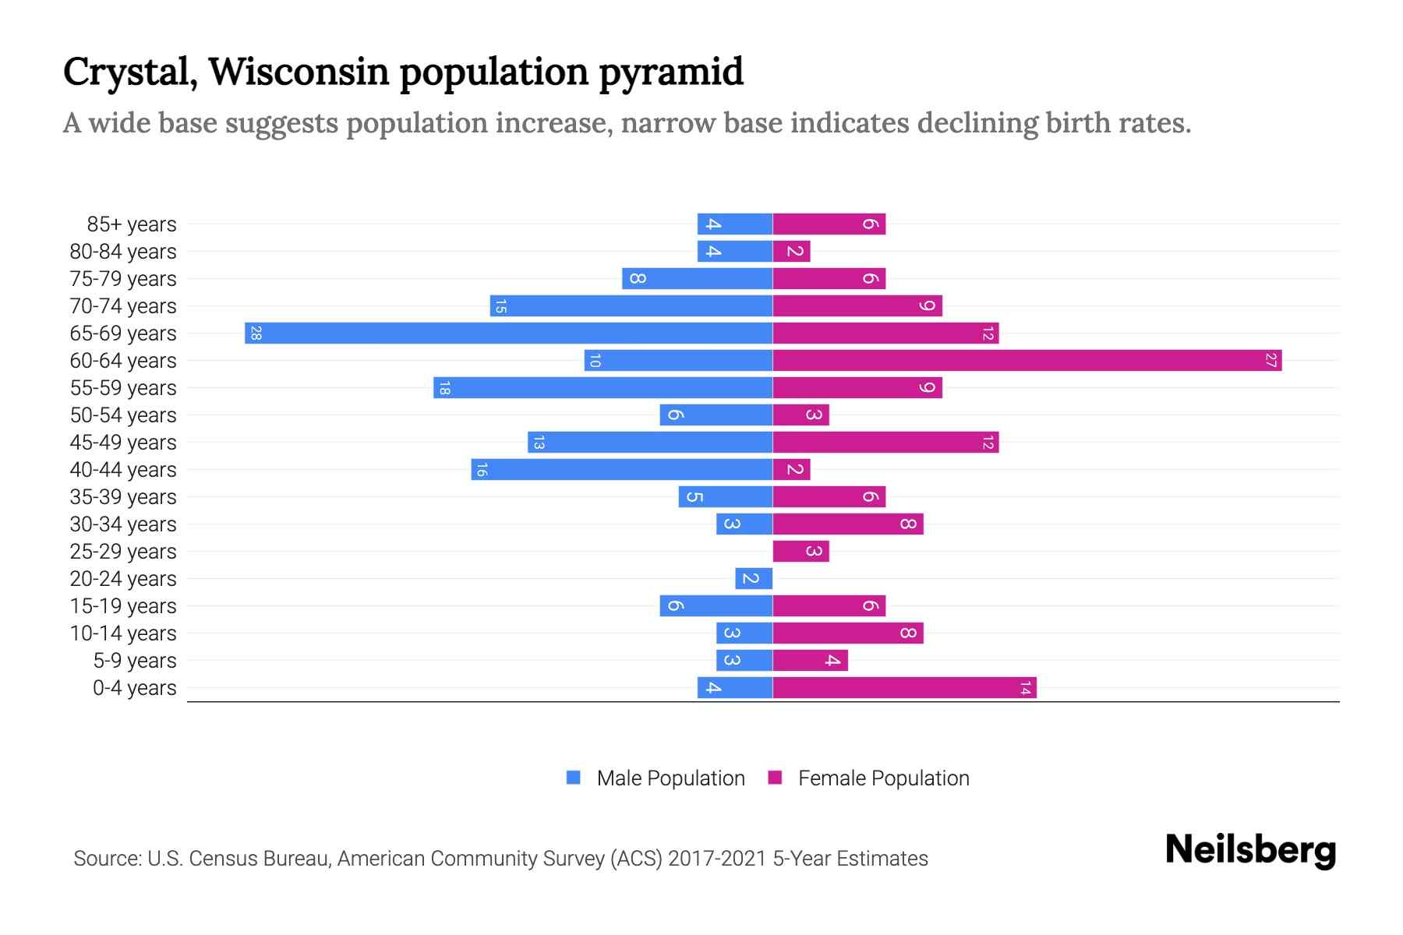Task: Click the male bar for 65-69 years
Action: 508,333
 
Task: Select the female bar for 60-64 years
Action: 1027,360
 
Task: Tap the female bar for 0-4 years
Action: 904,687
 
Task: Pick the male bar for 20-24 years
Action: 754,578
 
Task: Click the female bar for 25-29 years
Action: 800,551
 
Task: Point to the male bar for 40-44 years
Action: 621,469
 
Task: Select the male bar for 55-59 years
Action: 603,387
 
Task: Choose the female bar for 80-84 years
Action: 791,251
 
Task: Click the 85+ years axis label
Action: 132,224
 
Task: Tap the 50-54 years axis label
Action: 123,415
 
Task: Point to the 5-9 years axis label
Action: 135,661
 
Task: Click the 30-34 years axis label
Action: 123,524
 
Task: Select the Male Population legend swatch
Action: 574,778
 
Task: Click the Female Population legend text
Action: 883,778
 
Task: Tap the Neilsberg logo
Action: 1250,850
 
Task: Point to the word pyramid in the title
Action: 671,72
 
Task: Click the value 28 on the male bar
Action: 256,333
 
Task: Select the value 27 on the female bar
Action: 1270,360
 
